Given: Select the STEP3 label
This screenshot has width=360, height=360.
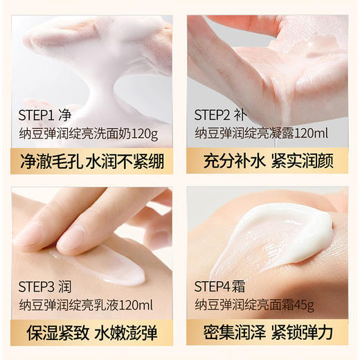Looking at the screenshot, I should coord(37,285).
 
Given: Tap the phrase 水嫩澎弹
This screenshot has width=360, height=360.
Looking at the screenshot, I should coord(129,332).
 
